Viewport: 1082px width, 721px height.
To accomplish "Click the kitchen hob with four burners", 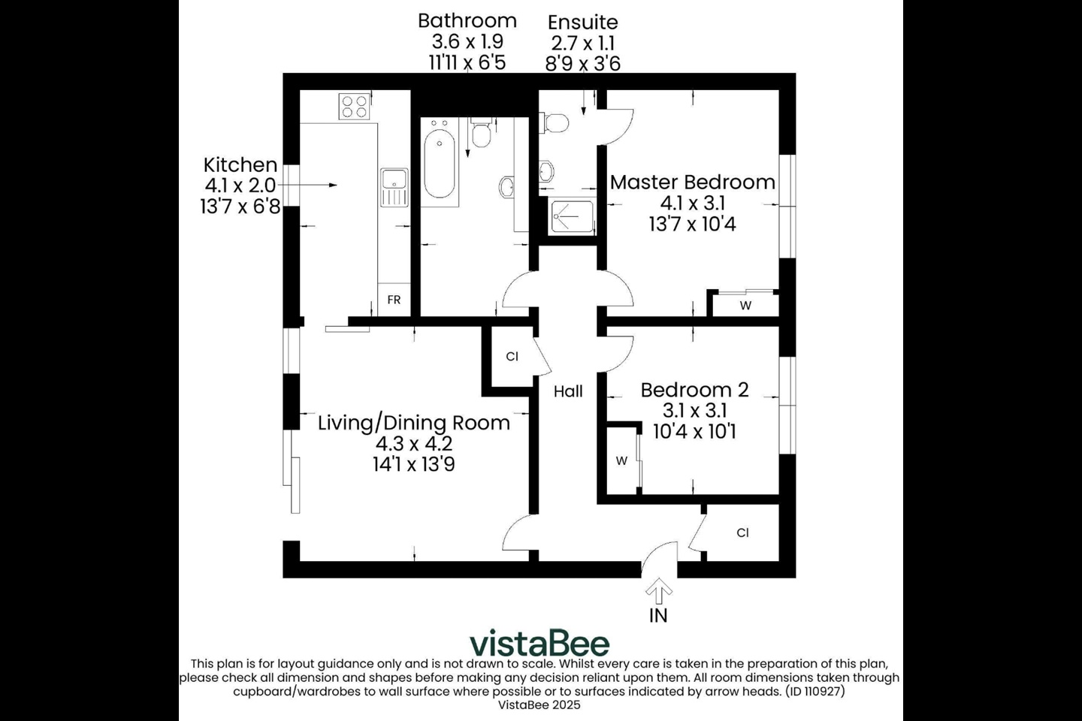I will [x=355, y=106].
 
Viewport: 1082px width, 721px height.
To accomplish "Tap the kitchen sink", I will [x=394, y=187].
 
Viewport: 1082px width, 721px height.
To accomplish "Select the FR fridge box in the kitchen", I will [x=394, y=300].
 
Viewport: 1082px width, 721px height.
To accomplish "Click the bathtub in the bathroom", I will [x=439, y=165].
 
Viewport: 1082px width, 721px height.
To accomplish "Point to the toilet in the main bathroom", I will [x=481, y=134].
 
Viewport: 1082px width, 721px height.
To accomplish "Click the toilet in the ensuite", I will [x=557, y=122].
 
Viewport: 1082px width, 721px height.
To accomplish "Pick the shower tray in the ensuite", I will [x=571, y=217].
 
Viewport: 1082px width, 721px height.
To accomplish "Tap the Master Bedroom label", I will [x=692, y=182].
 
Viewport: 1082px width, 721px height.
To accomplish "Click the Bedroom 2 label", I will [x=694, y=390].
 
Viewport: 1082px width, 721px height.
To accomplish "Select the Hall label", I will [x=568, y=391].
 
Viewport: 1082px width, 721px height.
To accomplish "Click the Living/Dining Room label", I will [x=413, y=422].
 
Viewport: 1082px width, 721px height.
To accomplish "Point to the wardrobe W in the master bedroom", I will [x=745, y=305].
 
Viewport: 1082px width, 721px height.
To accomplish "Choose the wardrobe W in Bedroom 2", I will [x=621, y=460].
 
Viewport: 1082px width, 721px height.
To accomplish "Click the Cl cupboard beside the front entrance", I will [x=742, y=532].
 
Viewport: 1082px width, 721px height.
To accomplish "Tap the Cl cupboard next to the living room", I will [x=512, y=356].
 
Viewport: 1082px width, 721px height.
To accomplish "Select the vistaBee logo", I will [x=539, y=643].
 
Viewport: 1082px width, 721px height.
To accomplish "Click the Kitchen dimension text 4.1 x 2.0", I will [x=240, y=186].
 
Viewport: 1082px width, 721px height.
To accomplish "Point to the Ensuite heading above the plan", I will [x=582, y=22].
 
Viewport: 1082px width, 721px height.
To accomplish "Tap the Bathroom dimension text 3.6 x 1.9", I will [x=467, y=42].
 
